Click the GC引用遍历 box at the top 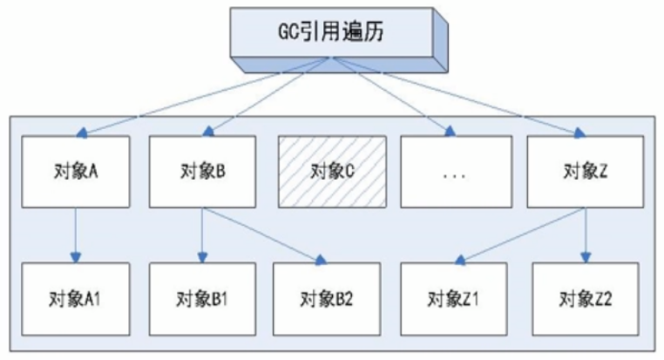pos(331,34)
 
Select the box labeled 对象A pos(77,171)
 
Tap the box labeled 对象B pos(202,171)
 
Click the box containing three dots pos(455,171)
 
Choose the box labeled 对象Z pos(581,171)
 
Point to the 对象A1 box pos(77,301)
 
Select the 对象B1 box pos(202,301)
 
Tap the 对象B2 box pos(327,301)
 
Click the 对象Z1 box pos(455,301)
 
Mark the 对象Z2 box pos(581,301)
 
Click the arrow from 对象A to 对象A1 pos(77,234)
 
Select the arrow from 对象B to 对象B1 pos(202,234)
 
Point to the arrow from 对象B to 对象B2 pos(261,234)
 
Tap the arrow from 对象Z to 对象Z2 pos(581,234)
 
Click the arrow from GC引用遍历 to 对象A pos(200,96)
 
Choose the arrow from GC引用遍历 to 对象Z pos(462,96)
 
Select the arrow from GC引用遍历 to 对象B pos(266,96)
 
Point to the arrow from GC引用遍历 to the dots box pos(392,96)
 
